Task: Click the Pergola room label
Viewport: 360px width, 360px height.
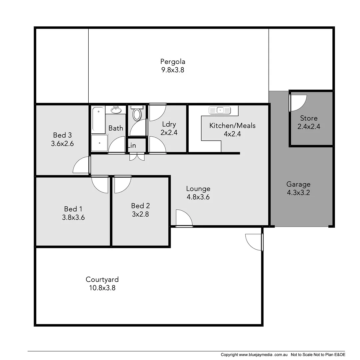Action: (172, 62)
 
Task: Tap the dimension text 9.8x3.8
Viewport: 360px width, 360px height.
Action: (172, 70)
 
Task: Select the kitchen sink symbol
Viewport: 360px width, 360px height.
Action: (220, 110)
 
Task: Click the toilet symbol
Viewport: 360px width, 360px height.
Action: (137, 114)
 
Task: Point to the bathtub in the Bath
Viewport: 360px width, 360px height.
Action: (98, 120)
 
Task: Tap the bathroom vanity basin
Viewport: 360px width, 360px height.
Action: (116, 110)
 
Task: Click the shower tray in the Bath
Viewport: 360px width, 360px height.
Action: (99, 143)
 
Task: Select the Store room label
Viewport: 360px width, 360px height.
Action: (309, 118)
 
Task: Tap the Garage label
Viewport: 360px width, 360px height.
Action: (298, 184)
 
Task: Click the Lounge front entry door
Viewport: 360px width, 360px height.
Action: (184, 218)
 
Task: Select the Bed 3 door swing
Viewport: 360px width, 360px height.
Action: (81, 165)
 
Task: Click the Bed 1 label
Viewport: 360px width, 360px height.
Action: (73, 209)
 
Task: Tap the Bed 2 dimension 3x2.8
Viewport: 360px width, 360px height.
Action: (140, 214)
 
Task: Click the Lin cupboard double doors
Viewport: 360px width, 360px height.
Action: (137, 157)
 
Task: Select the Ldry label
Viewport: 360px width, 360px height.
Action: (169, 124)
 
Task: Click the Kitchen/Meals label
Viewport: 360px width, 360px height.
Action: (232, 126)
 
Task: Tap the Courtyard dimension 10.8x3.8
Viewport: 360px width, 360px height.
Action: (102, 288)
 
